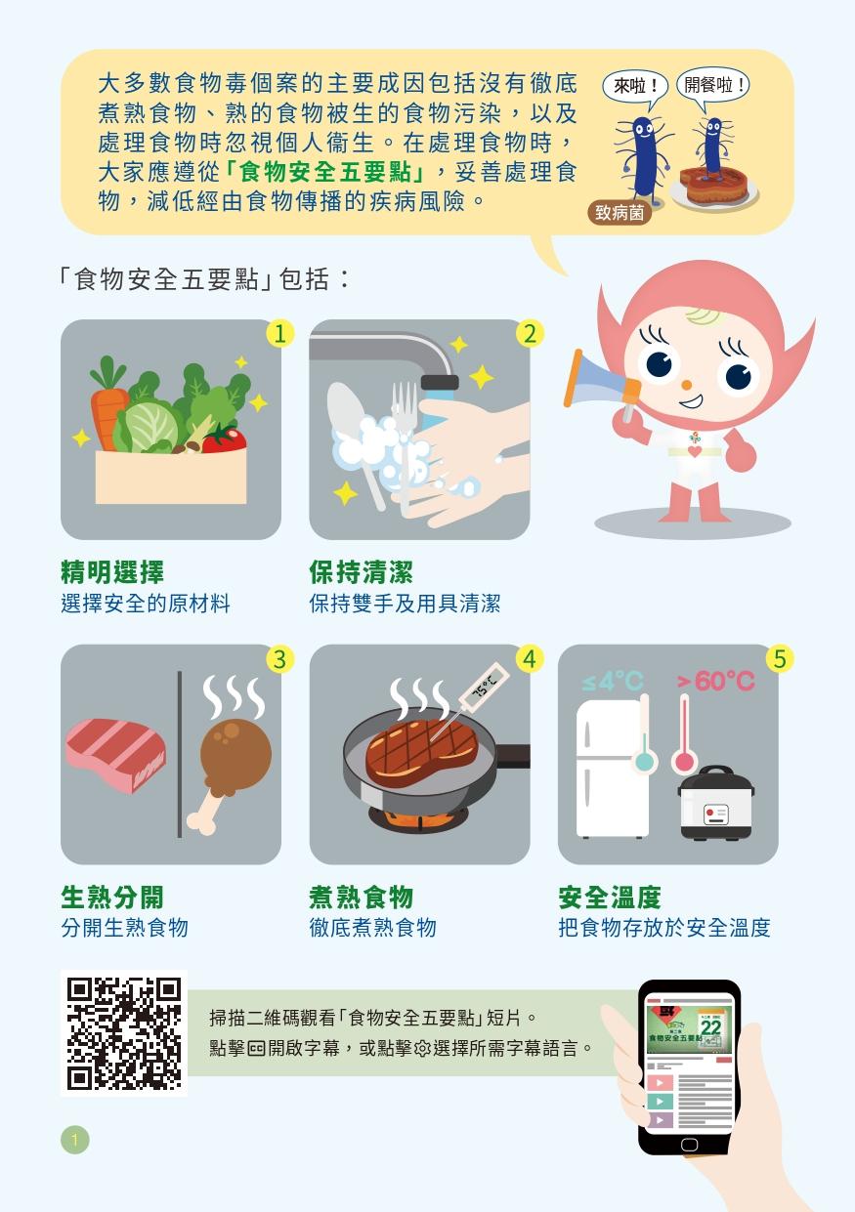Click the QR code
[x=124, y=1032]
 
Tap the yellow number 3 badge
[x=280, y=659]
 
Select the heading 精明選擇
[x=112, y=572]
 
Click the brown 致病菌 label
[x=620, y=212]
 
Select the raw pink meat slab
[x=115, y=756]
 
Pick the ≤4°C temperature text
[x=613, y=681]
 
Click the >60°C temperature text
[x=716, y=681]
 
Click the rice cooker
[x=716, y=805]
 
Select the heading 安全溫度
[x=610, y=897]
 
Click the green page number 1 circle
[x=74, y=1139]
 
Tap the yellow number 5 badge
[x=779, y=659]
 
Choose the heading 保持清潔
[x=361, y=572]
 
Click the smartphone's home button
[x=689, y=1144]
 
